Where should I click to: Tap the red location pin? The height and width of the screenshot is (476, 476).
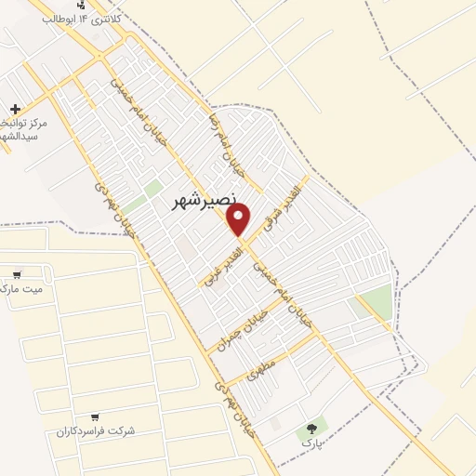239,219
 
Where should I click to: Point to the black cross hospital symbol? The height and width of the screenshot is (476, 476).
15,109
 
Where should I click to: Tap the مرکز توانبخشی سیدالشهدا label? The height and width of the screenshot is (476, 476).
28,129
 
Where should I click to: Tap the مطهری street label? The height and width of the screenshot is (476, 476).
263,370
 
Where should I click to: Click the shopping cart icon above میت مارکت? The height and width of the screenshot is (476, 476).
17,274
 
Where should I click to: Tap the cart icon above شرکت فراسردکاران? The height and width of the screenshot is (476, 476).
96,417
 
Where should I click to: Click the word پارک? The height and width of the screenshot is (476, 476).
309,444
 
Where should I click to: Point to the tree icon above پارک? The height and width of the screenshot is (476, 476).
310,429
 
